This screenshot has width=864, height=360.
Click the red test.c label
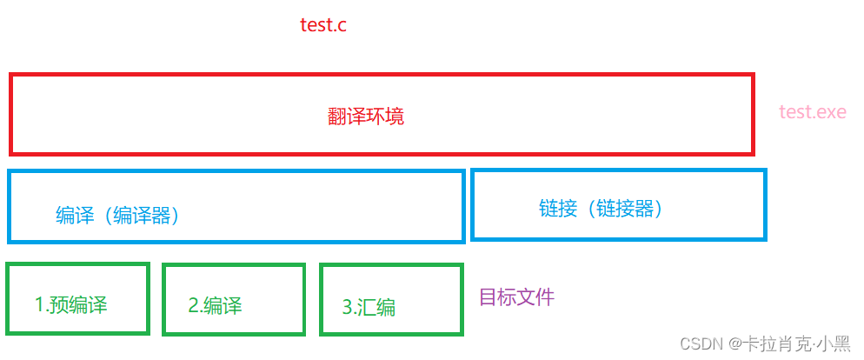323,25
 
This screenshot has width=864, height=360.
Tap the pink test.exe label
812,112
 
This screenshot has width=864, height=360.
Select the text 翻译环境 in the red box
366,117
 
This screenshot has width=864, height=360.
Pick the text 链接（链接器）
601,209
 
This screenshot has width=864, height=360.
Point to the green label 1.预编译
71,305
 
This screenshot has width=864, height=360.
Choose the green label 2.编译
215,305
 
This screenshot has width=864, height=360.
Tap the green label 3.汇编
369,307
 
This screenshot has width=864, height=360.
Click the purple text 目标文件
516,297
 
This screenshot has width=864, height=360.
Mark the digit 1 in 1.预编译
39,305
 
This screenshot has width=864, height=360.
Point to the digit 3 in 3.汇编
348,307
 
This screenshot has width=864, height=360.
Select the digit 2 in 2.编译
193,305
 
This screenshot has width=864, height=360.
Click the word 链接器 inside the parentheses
623,209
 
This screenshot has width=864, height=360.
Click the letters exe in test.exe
829,112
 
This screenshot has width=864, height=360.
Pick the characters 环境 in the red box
385,117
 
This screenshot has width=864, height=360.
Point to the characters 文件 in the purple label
535,297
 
